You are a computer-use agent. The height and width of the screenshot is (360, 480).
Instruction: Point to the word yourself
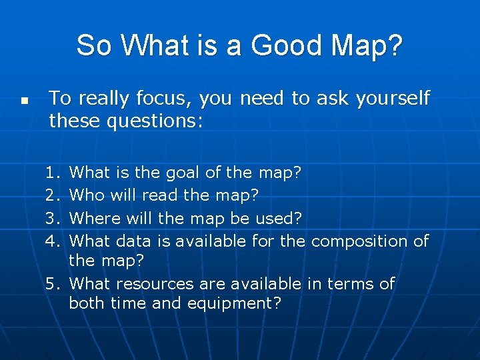393,99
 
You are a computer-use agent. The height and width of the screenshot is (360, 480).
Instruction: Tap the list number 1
53,173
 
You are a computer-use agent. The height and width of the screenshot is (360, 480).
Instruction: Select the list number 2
53,195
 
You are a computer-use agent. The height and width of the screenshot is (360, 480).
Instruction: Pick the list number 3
53,218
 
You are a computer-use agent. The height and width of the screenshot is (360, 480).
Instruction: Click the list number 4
53,241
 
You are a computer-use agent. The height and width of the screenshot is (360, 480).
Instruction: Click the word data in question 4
136,241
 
